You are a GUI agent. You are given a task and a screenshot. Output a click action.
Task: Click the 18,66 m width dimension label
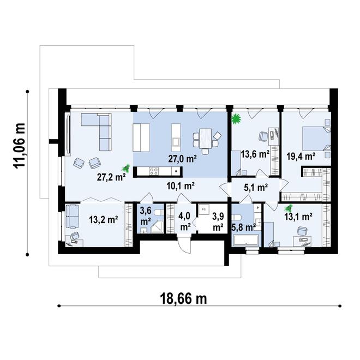(183, 298)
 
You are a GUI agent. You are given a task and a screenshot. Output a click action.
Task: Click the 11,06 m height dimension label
(19, 146)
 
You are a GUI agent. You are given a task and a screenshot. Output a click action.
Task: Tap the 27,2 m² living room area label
(111, 177)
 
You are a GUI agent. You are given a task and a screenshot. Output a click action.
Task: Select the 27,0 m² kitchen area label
(182, 159)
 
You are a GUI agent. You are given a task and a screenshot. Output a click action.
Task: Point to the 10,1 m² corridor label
(181, 186)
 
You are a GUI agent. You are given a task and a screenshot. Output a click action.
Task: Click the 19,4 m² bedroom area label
(301, 157)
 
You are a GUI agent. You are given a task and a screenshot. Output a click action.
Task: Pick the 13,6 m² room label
(255, 154)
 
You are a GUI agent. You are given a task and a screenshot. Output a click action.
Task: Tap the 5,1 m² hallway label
(255, 188)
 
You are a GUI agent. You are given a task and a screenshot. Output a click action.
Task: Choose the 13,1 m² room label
(298, 217)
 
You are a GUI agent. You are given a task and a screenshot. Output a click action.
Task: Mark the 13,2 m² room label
(104, 219)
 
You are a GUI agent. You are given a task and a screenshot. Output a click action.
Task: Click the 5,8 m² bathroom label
(244, 227)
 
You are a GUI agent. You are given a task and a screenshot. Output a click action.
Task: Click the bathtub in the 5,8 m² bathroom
(245, 241)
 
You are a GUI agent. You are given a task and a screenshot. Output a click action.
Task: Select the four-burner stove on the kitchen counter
(154, 171)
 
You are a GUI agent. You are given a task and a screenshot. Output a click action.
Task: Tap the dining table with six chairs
(205, 140)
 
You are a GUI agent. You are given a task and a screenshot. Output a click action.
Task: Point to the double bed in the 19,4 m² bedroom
(316, 139)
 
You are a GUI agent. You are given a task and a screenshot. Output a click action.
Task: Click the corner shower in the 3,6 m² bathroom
(158, 227)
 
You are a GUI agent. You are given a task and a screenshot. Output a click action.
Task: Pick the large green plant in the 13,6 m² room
(236, 119)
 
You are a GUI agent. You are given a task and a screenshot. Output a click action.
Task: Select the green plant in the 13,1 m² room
(287, 208)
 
